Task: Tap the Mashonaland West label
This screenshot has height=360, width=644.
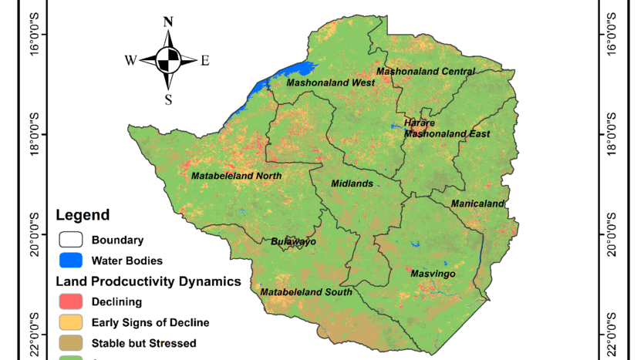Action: click(330, 82)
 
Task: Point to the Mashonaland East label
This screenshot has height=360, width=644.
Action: click(447, 133)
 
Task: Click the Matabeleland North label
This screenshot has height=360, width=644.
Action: click(236, 176)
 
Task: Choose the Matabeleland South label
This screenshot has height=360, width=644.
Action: click(306, 292)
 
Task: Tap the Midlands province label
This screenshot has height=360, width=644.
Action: click(352, 183)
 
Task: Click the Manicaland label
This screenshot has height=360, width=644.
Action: click(478, 204)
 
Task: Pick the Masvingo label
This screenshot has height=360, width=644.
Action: click(433, 274)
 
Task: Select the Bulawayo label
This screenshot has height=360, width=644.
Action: click(294, 241)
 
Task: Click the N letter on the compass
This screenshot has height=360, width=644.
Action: click(168, 22)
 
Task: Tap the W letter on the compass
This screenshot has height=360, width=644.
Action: click(131, 60)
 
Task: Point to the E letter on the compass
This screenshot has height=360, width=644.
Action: click(205, 61)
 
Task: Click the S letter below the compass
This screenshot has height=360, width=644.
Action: click(168, 99)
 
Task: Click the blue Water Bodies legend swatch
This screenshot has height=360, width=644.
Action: click(69, 261)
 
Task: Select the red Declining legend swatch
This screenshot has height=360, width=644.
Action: click(69, 301)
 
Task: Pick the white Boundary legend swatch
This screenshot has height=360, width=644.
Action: click(69, 240)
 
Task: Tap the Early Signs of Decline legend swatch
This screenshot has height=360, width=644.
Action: click(69, 322)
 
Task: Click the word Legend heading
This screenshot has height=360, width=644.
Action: click(83, 215)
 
